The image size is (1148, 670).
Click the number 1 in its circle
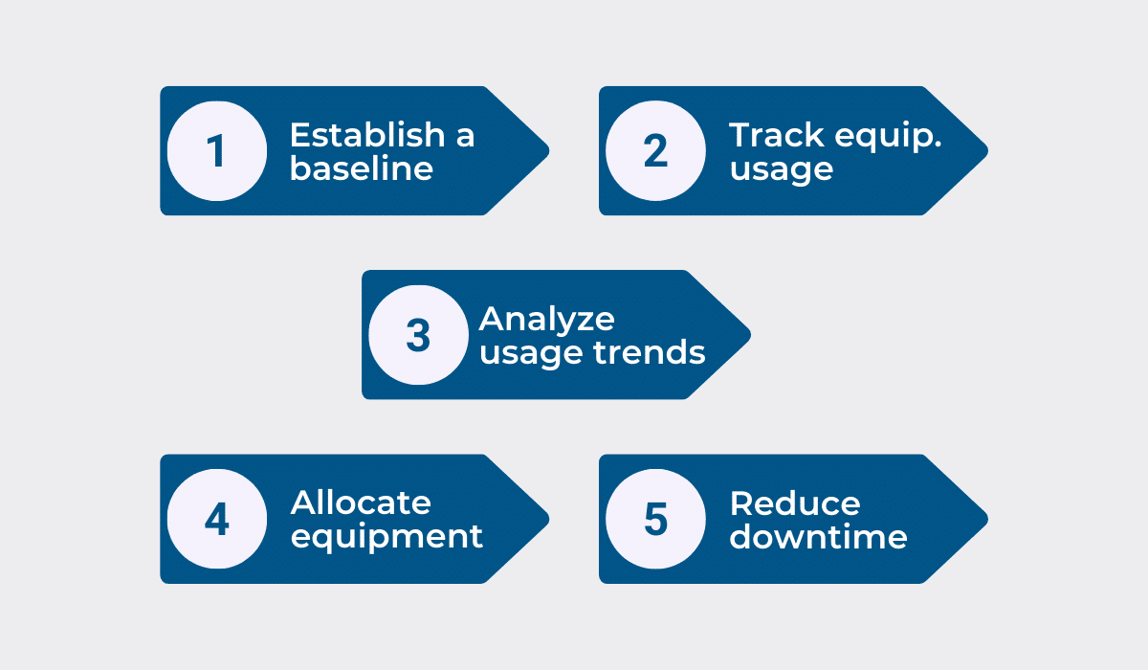[216, 151]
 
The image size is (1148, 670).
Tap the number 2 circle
[655, 151]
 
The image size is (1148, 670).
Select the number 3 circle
[418, 335]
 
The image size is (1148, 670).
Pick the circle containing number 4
[216, 519]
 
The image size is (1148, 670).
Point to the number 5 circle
[655, 519]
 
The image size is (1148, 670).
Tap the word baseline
[362, 168]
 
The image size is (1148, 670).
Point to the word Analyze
[546, 320]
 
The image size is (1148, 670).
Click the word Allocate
[361, 502]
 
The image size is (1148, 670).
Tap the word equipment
[386, 537]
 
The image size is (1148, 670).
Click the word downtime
[818, 536]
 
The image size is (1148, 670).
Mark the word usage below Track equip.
[781, 169]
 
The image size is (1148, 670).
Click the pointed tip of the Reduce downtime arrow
[984, 519]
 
